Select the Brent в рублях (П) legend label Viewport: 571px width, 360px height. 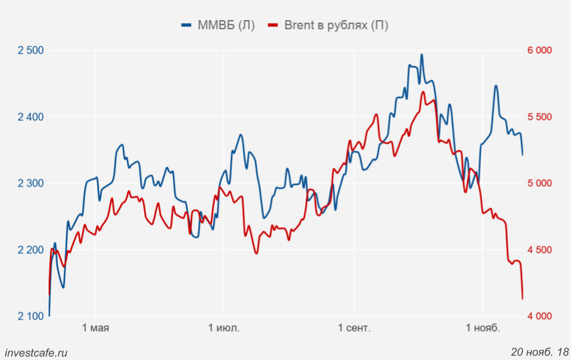click(x=336, y=25)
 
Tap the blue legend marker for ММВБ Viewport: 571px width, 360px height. click(x=187, y=25)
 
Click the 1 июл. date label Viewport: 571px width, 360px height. click(x=224, y=328)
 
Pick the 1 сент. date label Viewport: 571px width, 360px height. click(x=355, y=328)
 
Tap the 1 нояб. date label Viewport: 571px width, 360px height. click(x=483, y=328)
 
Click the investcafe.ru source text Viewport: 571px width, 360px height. click(x=35, y=352)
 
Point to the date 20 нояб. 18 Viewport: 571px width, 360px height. click(x=540, y=352)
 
